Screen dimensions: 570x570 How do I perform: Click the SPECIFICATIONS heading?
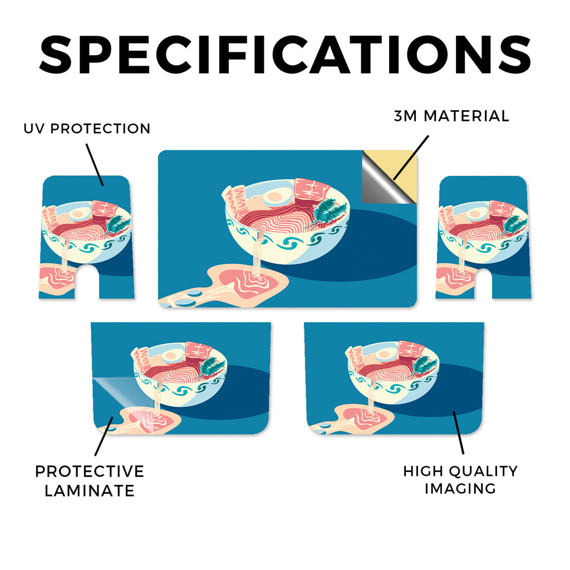point(285,55)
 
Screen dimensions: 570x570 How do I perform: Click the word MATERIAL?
point(467,116)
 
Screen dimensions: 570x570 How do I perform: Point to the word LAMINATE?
point(90,491)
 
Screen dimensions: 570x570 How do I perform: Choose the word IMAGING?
point(460,489)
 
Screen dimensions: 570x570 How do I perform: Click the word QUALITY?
point(483,471)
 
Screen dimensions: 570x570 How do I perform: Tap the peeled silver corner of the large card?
point(382,182)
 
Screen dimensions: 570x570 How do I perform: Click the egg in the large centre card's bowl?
point(275,196)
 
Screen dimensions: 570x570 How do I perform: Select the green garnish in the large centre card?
point(328,213)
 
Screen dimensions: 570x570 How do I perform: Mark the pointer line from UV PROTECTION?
point(95,165)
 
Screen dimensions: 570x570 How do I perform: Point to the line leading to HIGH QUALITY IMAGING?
point(459,433)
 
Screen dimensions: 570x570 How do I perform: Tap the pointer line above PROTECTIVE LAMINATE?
point(104,436)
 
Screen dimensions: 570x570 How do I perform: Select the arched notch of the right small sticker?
point(484,282)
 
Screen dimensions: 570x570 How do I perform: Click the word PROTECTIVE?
point(90,471)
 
